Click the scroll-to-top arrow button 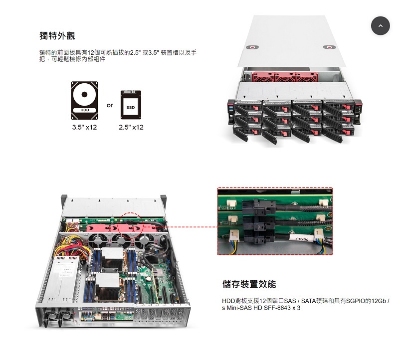coord(381,25)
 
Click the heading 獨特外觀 coord(57,35)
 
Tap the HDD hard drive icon coord(85,100)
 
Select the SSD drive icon coord(131,104)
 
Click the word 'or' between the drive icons coord(110,105)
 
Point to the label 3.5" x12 coord(85,127)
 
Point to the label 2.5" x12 coord(131,127)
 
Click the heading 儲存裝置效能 coord(249,284)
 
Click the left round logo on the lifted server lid coord(253,48)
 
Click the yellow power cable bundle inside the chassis coord(75,246)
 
